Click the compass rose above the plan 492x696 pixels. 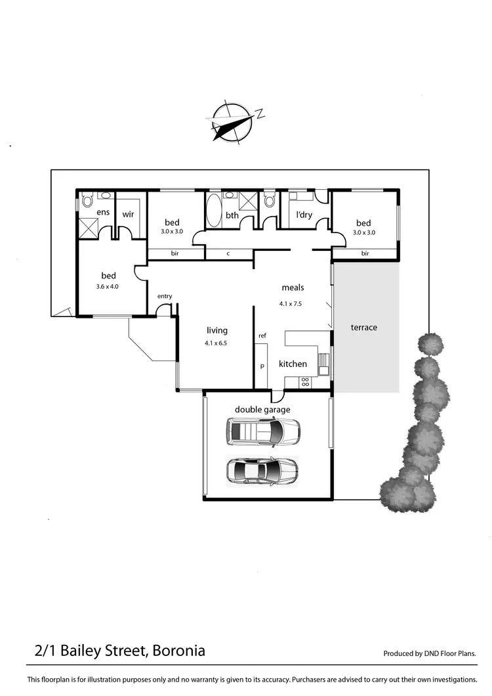[x=232, y=122]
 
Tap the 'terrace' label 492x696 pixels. [x=364, y=327]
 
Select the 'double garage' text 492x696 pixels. [x=262, y=410]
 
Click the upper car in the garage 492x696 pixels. [x=263, y=431]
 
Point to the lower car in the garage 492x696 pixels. [x=262, y=470]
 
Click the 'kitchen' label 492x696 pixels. [x=293, y=364]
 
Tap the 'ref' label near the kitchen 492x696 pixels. [x=262, y=336]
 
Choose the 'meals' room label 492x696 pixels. [x=293, y=288]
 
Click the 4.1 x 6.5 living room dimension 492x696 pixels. [x=216, y=343]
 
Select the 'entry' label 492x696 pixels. [x=165, y=296]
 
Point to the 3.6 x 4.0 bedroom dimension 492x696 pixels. [x=108, y=286]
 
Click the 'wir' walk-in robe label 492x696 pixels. [x=128, y=213]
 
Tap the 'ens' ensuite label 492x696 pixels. [x=103, y=212]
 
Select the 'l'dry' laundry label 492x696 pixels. [x=304, y=214]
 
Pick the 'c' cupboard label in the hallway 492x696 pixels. [x=228, y=253]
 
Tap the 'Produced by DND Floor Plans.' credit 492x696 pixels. [x=429, y=653]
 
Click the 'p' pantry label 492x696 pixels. [x=262, y=366]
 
